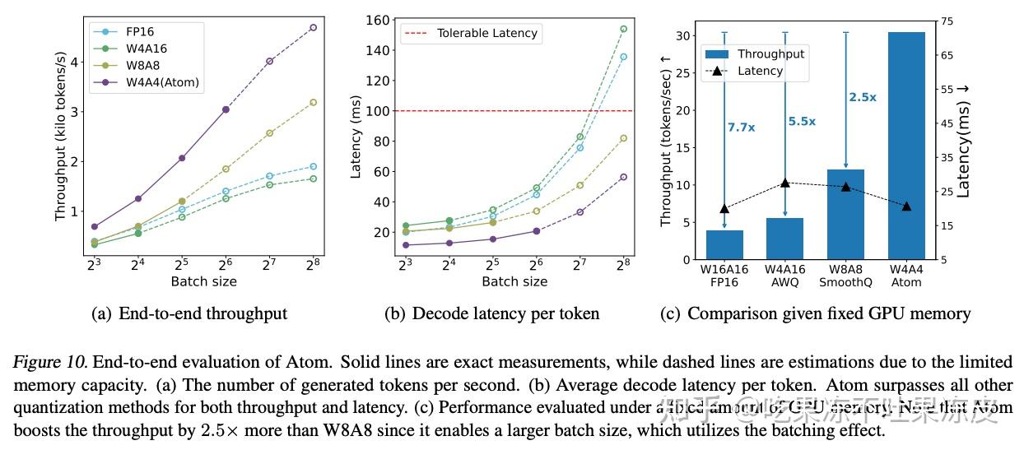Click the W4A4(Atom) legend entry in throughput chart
(x=161, y=82)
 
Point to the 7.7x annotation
(x=741, y=127)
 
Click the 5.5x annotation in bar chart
(x=801, y=121)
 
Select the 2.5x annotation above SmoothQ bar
(x=862, y=97)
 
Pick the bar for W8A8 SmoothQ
(x=845, y=214)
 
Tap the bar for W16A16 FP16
(x=724, y=244)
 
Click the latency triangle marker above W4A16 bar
(x=785, y=183)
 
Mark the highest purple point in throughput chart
(x=313, y=27)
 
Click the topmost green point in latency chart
(x=623, y=29)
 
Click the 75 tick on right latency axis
(x=947, y=21)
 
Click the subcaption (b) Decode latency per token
(x=491, y=313)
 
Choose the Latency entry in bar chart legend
(x=760, y=71)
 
